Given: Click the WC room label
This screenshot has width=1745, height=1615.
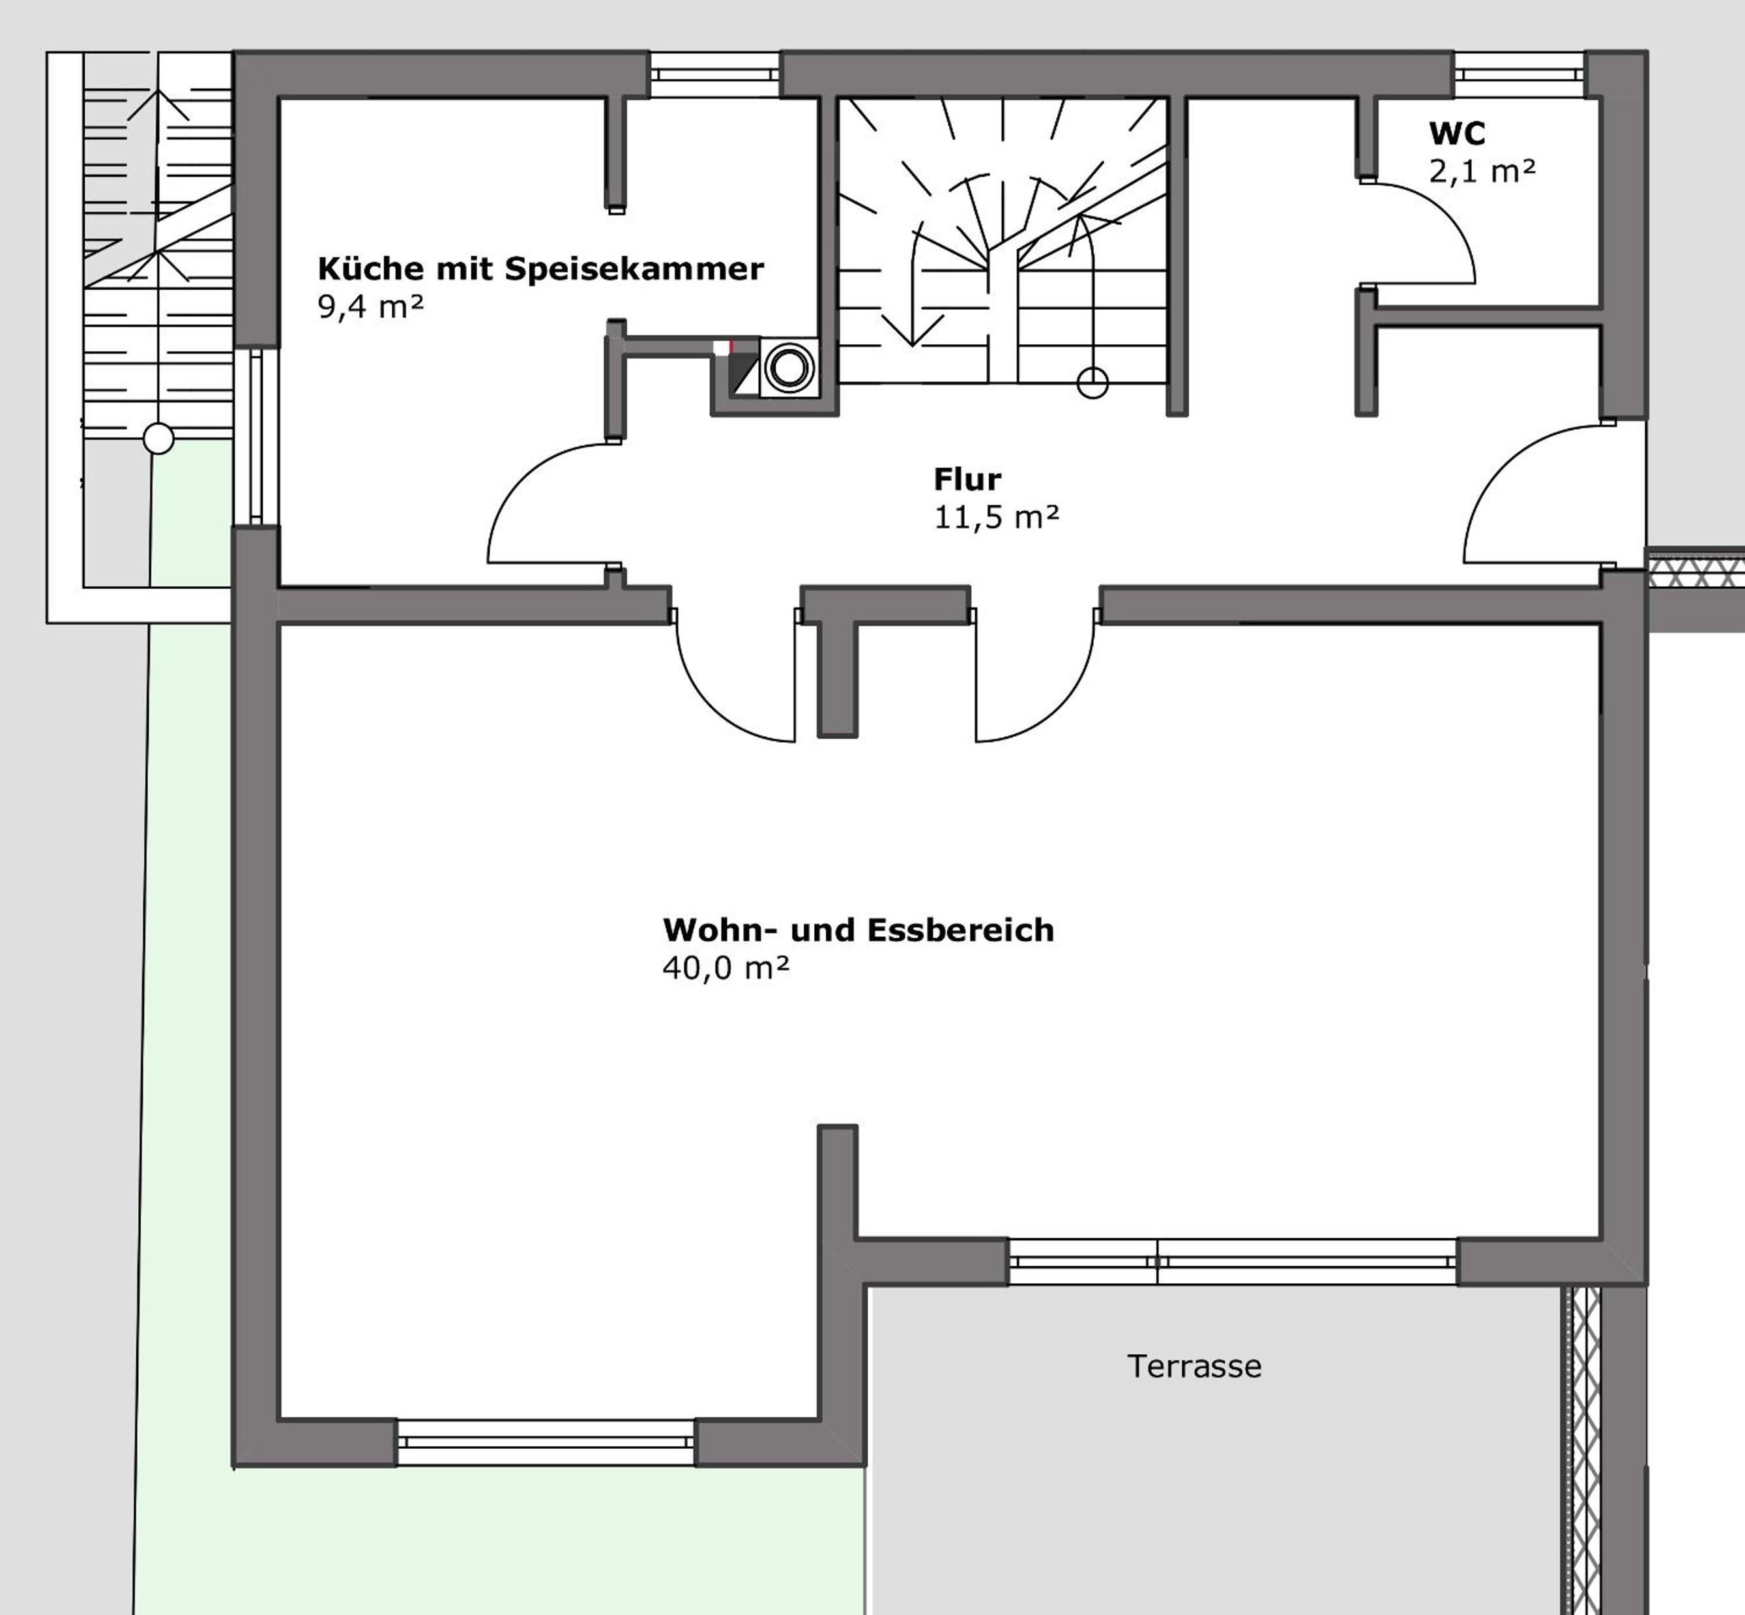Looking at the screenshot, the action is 1457,134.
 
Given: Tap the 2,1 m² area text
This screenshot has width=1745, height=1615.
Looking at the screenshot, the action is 1482,171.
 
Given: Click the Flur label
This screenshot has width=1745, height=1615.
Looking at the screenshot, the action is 967,479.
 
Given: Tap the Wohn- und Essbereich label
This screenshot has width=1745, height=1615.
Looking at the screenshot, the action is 858,930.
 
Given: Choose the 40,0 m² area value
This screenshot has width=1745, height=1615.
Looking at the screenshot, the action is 726,968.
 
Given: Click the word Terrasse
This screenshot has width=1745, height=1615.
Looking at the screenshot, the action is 1194,1366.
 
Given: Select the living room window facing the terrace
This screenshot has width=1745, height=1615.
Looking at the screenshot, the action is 1233,1261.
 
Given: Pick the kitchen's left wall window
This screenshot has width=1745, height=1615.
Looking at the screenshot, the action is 256,437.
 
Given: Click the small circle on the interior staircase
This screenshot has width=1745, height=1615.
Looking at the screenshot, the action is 1092,383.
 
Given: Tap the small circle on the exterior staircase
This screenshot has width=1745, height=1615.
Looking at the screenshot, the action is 158,438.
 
